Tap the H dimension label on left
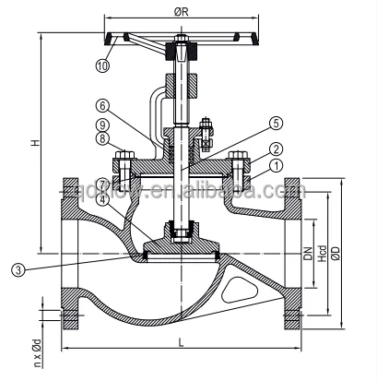[x=34, y=143]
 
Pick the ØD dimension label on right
[x=338, y=254]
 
